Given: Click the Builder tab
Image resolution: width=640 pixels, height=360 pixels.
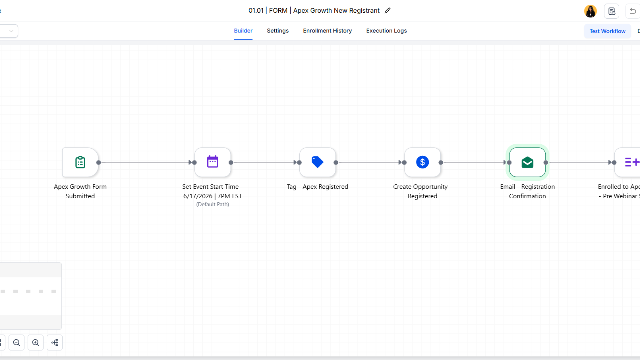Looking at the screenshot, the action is tap(243, 31).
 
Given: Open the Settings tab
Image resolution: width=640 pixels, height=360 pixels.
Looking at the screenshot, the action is tap(278, 31).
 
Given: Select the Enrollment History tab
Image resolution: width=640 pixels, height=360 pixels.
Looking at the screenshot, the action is tap(327, 31).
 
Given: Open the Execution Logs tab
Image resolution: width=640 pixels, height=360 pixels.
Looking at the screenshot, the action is tap(386, 31).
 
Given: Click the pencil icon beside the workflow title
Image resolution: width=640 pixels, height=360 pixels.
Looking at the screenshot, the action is tap(387, 11).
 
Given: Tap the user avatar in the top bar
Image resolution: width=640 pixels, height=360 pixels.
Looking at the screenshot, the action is tap(590, 11).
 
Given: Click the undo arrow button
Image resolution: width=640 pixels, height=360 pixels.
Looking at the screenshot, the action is tap(632, 11).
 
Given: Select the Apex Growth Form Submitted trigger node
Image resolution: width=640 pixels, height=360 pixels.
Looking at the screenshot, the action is tap(80, 162).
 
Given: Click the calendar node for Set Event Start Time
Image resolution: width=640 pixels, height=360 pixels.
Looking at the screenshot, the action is tap(213, 162).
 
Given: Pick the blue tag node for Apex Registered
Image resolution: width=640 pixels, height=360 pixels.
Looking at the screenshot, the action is tap(318, 162).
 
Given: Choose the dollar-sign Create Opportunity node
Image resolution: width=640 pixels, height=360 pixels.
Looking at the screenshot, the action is tap(423, 162).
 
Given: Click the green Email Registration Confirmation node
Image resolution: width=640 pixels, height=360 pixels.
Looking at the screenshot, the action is tap(527, 162).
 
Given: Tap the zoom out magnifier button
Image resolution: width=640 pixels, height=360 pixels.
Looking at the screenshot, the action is tap(17, 343).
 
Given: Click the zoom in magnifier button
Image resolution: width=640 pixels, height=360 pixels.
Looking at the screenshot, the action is tap(36, 343).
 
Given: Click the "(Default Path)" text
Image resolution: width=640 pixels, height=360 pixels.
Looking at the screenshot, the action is tap(213, 204).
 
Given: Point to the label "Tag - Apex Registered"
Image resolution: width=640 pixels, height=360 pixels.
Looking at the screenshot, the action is tap(318, 187).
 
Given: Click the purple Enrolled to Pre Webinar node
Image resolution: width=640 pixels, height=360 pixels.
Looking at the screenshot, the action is tap(628, 162).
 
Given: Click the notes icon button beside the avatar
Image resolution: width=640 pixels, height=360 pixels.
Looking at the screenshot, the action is tap(612, 11).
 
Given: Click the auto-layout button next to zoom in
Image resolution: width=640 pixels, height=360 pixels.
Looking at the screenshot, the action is tap(55, 343).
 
